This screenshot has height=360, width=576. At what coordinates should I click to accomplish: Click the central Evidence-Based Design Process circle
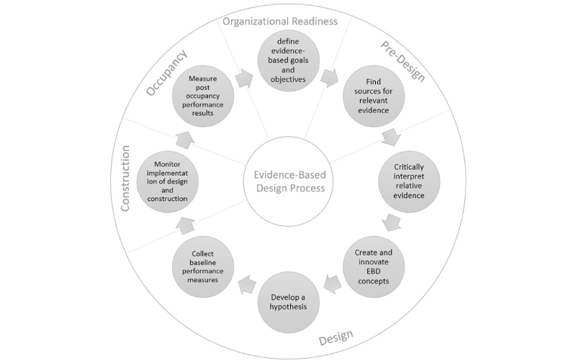pyautogui.click(x=288, y=179)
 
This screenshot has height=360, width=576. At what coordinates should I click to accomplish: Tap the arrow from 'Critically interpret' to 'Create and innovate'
pyautogui.click(x=392, y=222)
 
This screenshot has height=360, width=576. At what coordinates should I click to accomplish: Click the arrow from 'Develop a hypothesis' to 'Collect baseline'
pyautogui.click(x=244, y=283)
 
